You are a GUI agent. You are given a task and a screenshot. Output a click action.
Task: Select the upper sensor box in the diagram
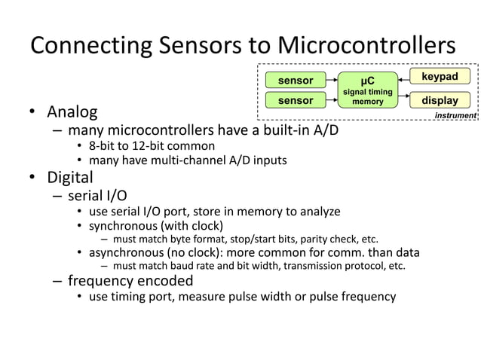tap(296, 80)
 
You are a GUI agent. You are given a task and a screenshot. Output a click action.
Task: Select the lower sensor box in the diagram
tap(296, 100)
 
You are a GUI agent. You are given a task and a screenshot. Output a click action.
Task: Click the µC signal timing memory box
tap(367, 90)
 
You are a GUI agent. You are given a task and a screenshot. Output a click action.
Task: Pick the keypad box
tap(440, 76)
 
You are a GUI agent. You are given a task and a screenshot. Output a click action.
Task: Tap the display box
tap(440, 100)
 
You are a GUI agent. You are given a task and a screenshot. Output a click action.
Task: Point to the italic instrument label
tap(455, 115)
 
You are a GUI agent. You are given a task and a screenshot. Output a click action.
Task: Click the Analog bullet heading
tap(72, 113)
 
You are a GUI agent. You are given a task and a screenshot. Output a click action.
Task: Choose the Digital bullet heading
tap(70, 178)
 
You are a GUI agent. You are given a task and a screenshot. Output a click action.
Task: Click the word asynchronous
tap(124, 252)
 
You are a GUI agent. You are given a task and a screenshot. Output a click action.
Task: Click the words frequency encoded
tap(130, 280)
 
